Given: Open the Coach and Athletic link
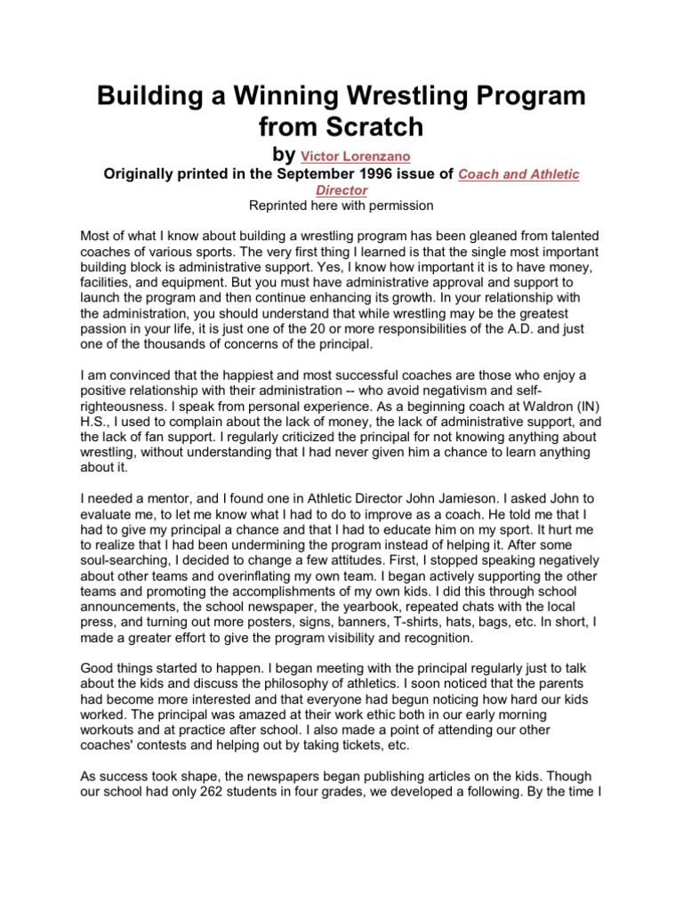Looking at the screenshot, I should tap(518, 174).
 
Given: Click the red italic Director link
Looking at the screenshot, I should tap(341, 190).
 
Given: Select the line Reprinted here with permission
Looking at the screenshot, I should tap(341, 206).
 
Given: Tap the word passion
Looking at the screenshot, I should tap(103, 330).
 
